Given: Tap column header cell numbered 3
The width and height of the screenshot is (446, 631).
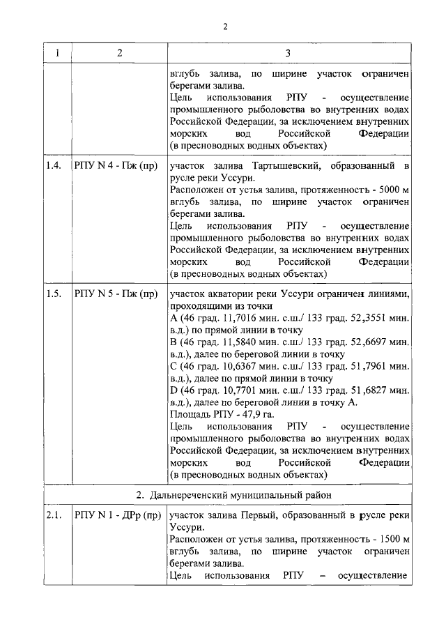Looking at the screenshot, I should click(287, 53).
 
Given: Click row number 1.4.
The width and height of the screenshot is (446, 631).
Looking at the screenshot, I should click(54, 165).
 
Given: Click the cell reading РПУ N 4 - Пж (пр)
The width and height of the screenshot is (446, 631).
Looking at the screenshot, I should click(114, 165).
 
